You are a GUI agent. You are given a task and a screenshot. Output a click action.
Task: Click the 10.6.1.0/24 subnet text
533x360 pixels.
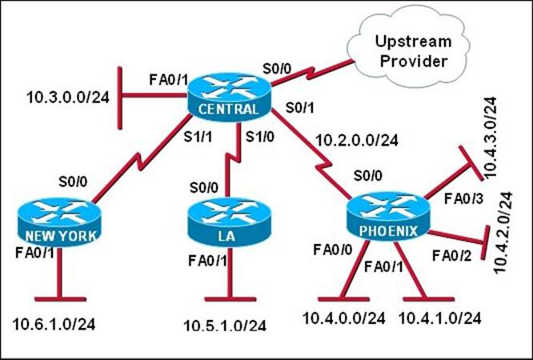[x=55, y=325]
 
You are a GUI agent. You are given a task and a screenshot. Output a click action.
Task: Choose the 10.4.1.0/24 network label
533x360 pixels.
[x=441, y=318]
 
